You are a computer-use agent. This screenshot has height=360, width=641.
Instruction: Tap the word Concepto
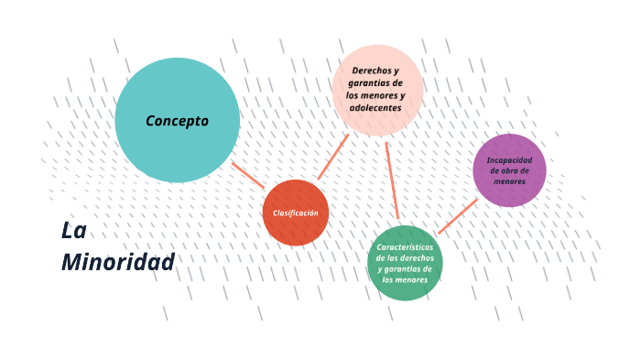(x=177, y=121)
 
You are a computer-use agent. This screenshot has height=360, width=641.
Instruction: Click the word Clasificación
(x=295, y=213)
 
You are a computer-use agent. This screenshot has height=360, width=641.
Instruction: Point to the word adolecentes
(x=375, y=108)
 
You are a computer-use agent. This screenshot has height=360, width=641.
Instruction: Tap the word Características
(x=405, y=247)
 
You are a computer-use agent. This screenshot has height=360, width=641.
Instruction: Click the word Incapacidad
(x=509, y=159)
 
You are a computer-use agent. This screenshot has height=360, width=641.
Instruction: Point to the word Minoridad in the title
(x=117, y=263)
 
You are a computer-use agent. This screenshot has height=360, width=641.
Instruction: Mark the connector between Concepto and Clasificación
(x=247, y=175)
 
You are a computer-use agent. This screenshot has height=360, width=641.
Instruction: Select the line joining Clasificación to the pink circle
(x=333, y=156)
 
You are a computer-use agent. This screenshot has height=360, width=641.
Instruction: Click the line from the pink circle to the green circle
(x=392, y=180)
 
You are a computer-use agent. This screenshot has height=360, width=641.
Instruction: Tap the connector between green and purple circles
(x=457, y=216)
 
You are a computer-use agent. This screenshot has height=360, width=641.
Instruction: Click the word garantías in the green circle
(x=408, y=269)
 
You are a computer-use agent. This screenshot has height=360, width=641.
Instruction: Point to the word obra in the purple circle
(x=507, y=170)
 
